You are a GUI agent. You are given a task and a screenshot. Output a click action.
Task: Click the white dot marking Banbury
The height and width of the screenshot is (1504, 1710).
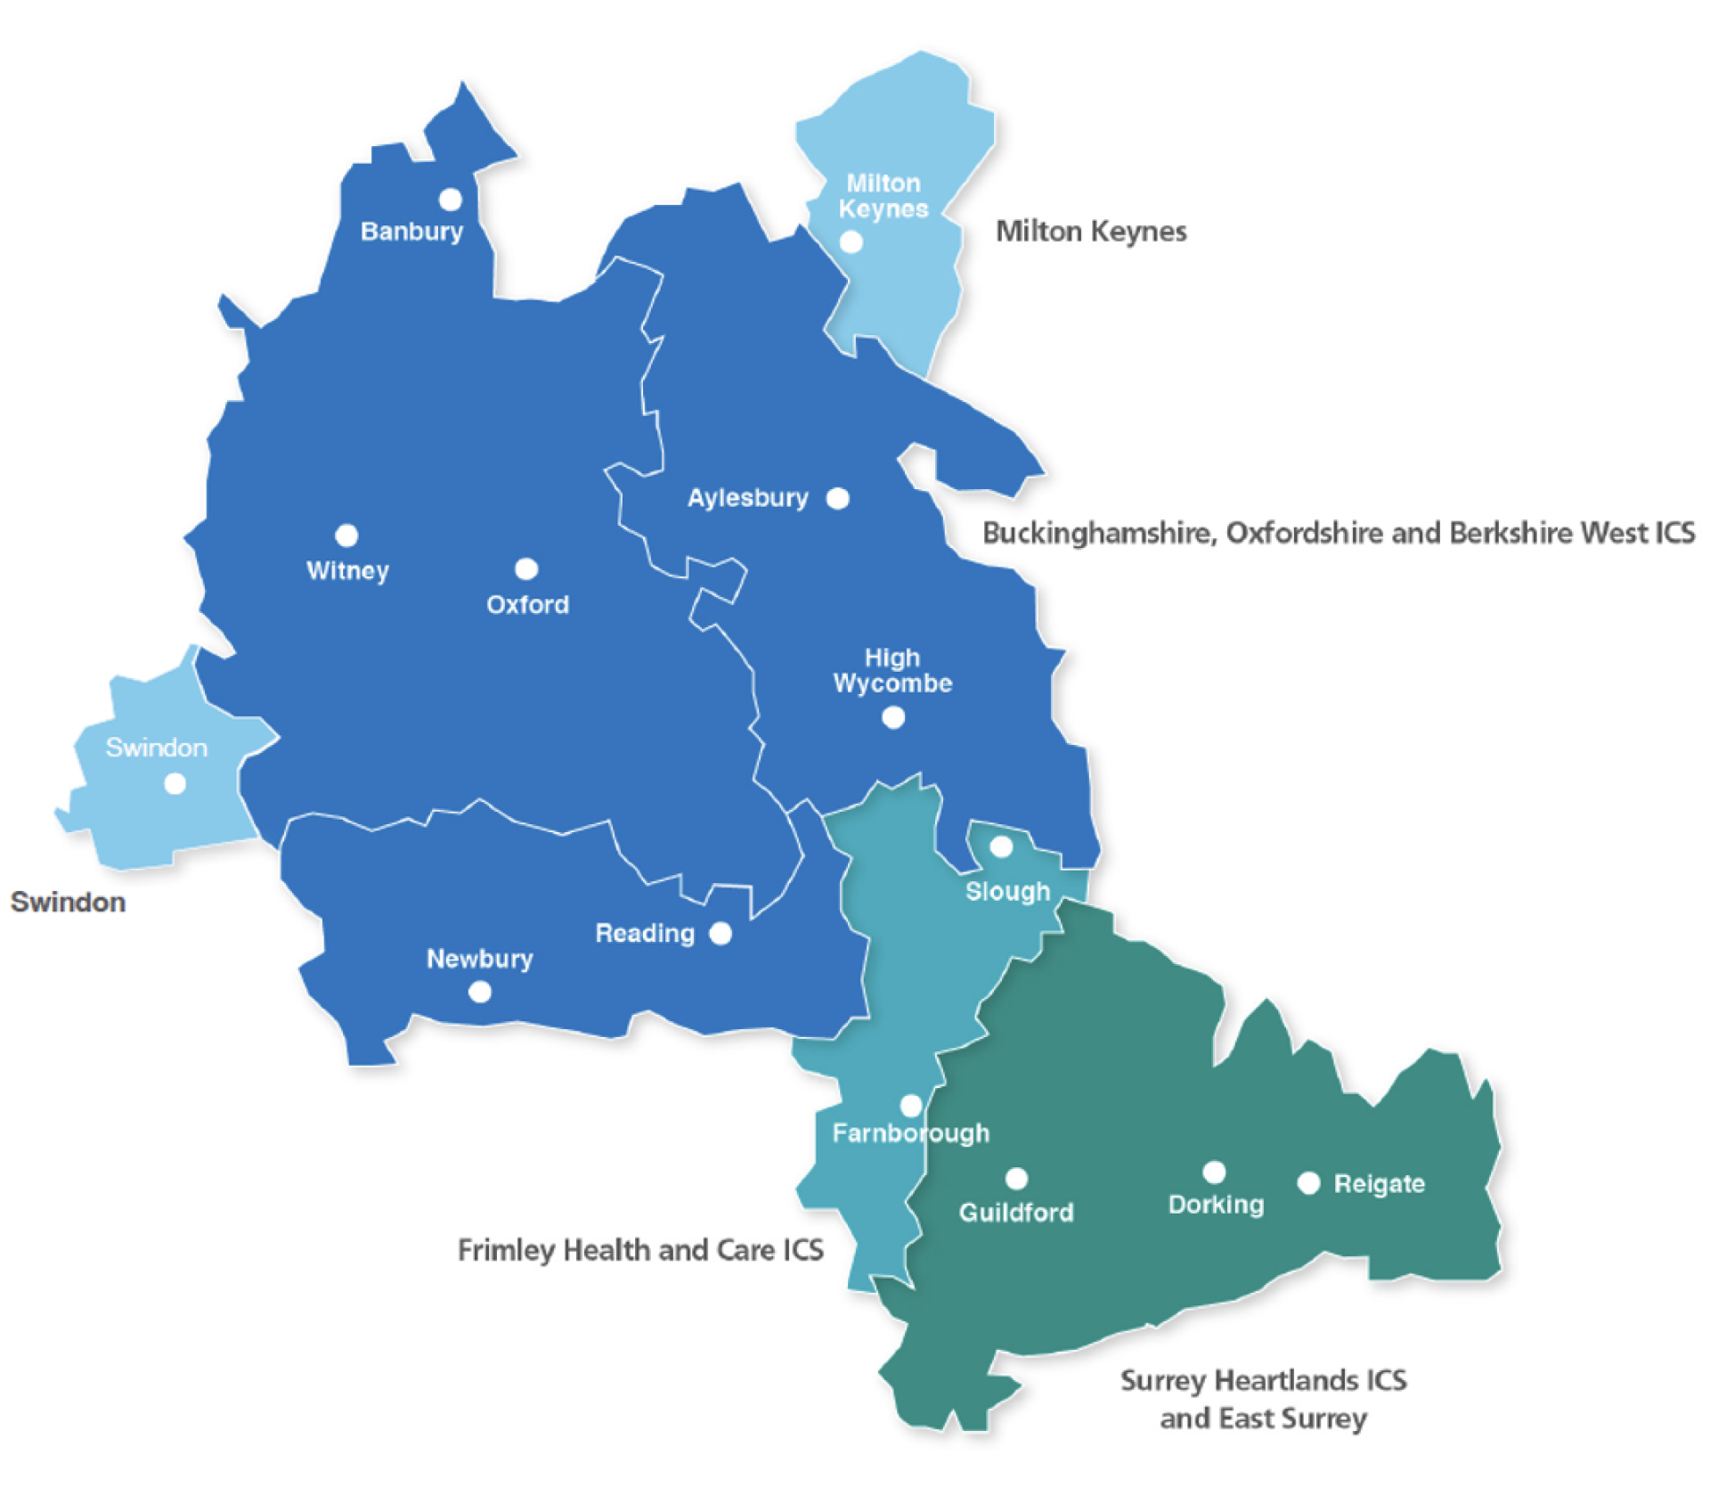(451, 199)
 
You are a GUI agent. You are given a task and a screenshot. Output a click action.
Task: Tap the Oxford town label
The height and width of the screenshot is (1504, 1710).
(527, 605)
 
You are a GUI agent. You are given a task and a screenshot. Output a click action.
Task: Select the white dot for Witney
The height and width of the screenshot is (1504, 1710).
(346, 535)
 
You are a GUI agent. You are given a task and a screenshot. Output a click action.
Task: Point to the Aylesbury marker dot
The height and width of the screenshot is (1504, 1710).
(837, 498)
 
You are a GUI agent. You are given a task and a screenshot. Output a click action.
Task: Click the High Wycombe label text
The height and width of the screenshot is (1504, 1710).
(892, 671)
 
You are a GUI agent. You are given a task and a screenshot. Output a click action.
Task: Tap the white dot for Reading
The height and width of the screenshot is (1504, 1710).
(721, 933)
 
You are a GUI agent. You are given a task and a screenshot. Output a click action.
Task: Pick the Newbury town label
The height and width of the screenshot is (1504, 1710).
(479, 959)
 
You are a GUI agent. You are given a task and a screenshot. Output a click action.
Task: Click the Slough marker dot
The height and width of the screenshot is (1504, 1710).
(1001, 846)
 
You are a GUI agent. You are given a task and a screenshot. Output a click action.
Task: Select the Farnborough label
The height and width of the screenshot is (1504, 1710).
(910, 1133)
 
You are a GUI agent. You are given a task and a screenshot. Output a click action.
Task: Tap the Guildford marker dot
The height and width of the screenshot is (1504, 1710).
(1016, 1179)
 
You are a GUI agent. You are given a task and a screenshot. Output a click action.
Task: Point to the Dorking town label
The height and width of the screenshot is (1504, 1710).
(1216, 1205)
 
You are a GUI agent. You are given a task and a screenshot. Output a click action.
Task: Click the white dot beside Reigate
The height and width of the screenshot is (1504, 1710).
(1308, 1183)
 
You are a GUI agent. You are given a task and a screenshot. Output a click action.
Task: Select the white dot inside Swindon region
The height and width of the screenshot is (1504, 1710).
(175, 783)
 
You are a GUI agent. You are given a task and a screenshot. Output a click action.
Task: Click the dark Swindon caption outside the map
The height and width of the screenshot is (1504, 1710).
(68, 902)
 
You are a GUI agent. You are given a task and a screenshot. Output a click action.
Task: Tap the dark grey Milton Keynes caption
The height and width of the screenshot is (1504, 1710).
(1090, 232)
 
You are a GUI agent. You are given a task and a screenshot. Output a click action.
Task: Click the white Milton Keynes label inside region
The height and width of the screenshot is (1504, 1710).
(883, 196)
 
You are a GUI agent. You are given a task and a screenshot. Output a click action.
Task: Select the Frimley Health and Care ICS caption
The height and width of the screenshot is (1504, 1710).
(639, 1250)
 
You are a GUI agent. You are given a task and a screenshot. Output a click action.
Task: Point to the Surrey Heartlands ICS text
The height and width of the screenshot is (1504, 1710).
(1263, 1380)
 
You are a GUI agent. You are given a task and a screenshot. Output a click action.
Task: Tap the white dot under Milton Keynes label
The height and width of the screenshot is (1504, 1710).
(851, 241)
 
